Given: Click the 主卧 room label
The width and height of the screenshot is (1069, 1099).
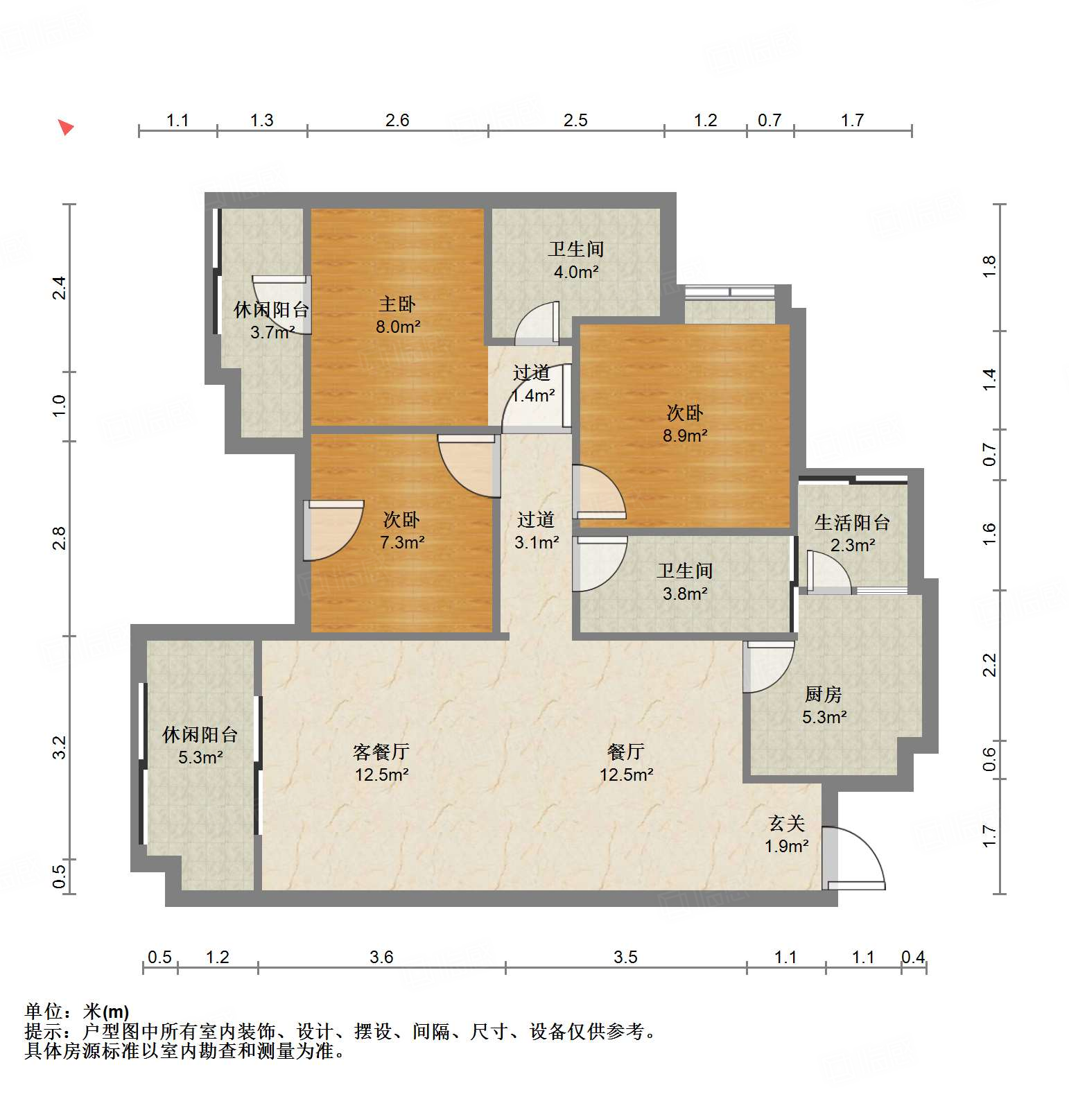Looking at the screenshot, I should pyautogui.click(x=397, y=304).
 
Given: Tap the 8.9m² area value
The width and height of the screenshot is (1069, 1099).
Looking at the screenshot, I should pyautogui.click(x=685, y=435).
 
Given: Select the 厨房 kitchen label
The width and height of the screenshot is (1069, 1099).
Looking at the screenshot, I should pyautogui.click(x=823, y=694).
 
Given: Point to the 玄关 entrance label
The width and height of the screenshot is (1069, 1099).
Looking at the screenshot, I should pyautogui.click(x=786, y=824).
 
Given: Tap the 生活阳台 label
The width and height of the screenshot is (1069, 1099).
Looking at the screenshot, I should pyautogui.click(x=852, y=523).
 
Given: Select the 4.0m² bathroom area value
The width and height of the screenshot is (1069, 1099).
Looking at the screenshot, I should pyautogui.click(x=575, y=272).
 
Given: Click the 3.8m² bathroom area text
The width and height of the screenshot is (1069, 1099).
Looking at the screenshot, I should pyautogui.click(x=685, y=594).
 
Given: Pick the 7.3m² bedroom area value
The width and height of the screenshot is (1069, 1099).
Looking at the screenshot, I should pyautogui.click(x=402, y=542).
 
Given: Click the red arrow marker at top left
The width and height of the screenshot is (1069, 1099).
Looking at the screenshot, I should pyautogui.click(x=65, y=128).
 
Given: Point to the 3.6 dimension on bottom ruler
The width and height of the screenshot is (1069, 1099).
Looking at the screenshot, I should pyautogui.click(x=381, y=958).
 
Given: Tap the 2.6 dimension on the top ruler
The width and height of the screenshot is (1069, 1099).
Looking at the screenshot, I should pyautogui.click(x=397, y=121).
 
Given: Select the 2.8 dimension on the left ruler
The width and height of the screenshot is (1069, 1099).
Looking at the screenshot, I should pyautogui.click(x=59, y=538).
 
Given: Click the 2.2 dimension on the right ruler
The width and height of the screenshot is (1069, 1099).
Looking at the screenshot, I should pyautogui.click(x=990, y=665).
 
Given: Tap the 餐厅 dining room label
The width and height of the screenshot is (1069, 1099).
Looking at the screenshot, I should pyautogui.click(x=625, y=752).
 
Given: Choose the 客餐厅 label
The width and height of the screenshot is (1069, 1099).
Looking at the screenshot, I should pyautogui.click(x=381, y=752).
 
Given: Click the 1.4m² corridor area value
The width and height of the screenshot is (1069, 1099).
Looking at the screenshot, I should pyautogui.click(x=532, y=396).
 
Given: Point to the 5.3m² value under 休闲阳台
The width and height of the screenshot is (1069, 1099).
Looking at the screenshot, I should pyautogui.click(x=200, y=757).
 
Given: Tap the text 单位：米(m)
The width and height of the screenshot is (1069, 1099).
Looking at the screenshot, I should pyautogui.click(x=77, y=1012).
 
